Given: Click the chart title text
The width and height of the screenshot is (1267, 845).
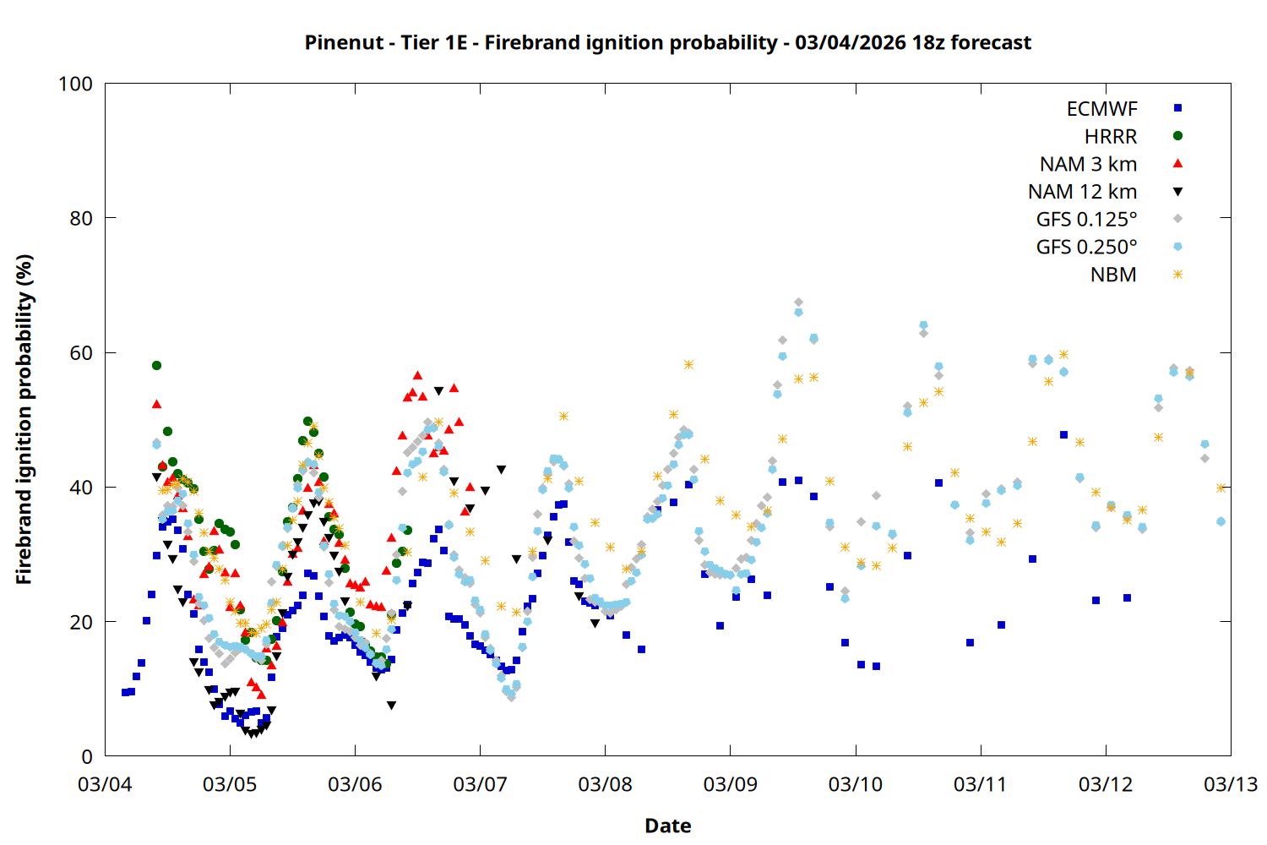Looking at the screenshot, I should [667, 42].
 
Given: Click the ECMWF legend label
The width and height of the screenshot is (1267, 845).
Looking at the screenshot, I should [1101, 109].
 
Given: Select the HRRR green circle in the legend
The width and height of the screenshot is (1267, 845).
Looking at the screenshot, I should [1177, 136].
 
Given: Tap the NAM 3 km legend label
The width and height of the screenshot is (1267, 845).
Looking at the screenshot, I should [1088, 164].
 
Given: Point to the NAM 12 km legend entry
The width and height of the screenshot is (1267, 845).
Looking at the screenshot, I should [1082, 192].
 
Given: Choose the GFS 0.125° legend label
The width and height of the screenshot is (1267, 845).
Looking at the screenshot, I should [1086, 220].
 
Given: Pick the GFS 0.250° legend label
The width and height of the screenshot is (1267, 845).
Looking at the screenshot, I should [1086, 248].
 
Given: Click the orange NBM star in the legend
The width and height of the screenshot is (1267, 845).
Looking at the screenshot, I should [1177, 275].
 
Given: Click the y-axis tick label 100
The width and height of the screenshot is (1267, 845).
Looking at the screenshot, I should [75, 84].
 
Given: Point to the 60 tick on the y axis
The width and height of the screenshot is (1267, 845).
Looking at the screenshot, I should [81, 353].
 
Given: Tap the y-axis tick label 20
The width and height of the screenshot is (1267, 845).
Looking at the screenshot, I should [81, 622].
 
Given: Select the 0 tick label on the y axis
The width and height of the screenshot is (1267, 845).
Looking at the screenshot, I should [87, 757].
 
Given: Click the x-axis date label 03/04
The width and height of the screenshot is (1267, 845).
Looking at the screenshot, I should [105, 784].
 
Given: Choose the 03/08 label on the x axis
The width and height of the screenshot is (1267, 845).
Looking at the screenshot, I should [605, 784].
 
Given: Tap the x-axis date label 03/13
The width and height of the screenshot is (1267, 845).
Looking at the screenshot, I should [1230, 784].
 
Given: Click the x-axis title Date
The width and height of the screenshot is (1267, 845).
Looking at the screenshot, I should [667, 826].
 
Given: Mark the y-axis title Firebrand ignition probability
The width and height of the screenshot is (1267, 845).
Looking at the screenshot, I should [24, 419].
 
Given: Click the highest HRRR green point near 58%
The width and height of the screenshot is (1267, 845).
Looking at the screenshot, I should [156, 366].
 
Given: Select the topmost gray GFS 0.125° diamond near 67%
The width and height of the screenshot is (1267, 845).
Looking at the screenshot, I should [798, 303].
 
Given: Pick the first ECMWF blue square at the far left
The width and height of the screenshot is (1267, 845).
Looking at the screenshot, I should [125, 692].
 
